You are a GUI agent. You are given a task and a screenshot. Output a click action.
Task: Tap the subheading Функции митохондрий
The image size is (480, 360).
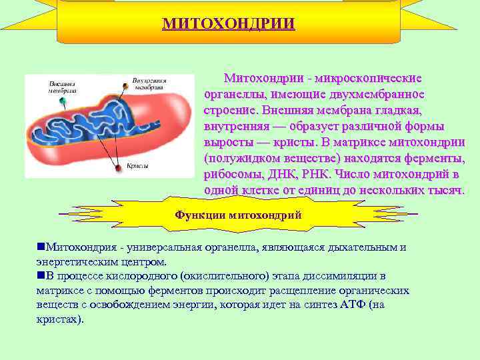pos(238,215)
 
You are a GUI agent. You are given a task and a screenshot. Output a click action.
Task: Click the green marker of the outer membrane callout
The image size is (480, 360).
pos(63,101)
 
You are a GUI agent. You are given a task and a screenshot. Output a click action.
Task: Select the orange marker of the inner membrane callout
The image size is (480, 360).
pos(125,85)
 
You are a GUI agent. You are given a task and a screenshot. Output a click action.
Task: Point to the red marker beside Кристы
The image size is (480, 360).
pos(118,169)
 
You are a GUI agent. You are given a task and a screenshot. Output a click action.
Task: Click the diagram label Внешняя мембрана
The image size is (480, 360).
pos(61,87)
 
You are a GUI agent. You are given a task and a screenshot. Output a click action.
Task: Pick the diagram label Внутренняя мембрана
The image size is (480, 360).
pos(149,83)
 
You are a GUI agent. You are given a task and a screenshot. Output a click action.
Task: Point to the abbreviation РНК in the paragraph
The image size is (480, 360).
pos(316,175)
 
